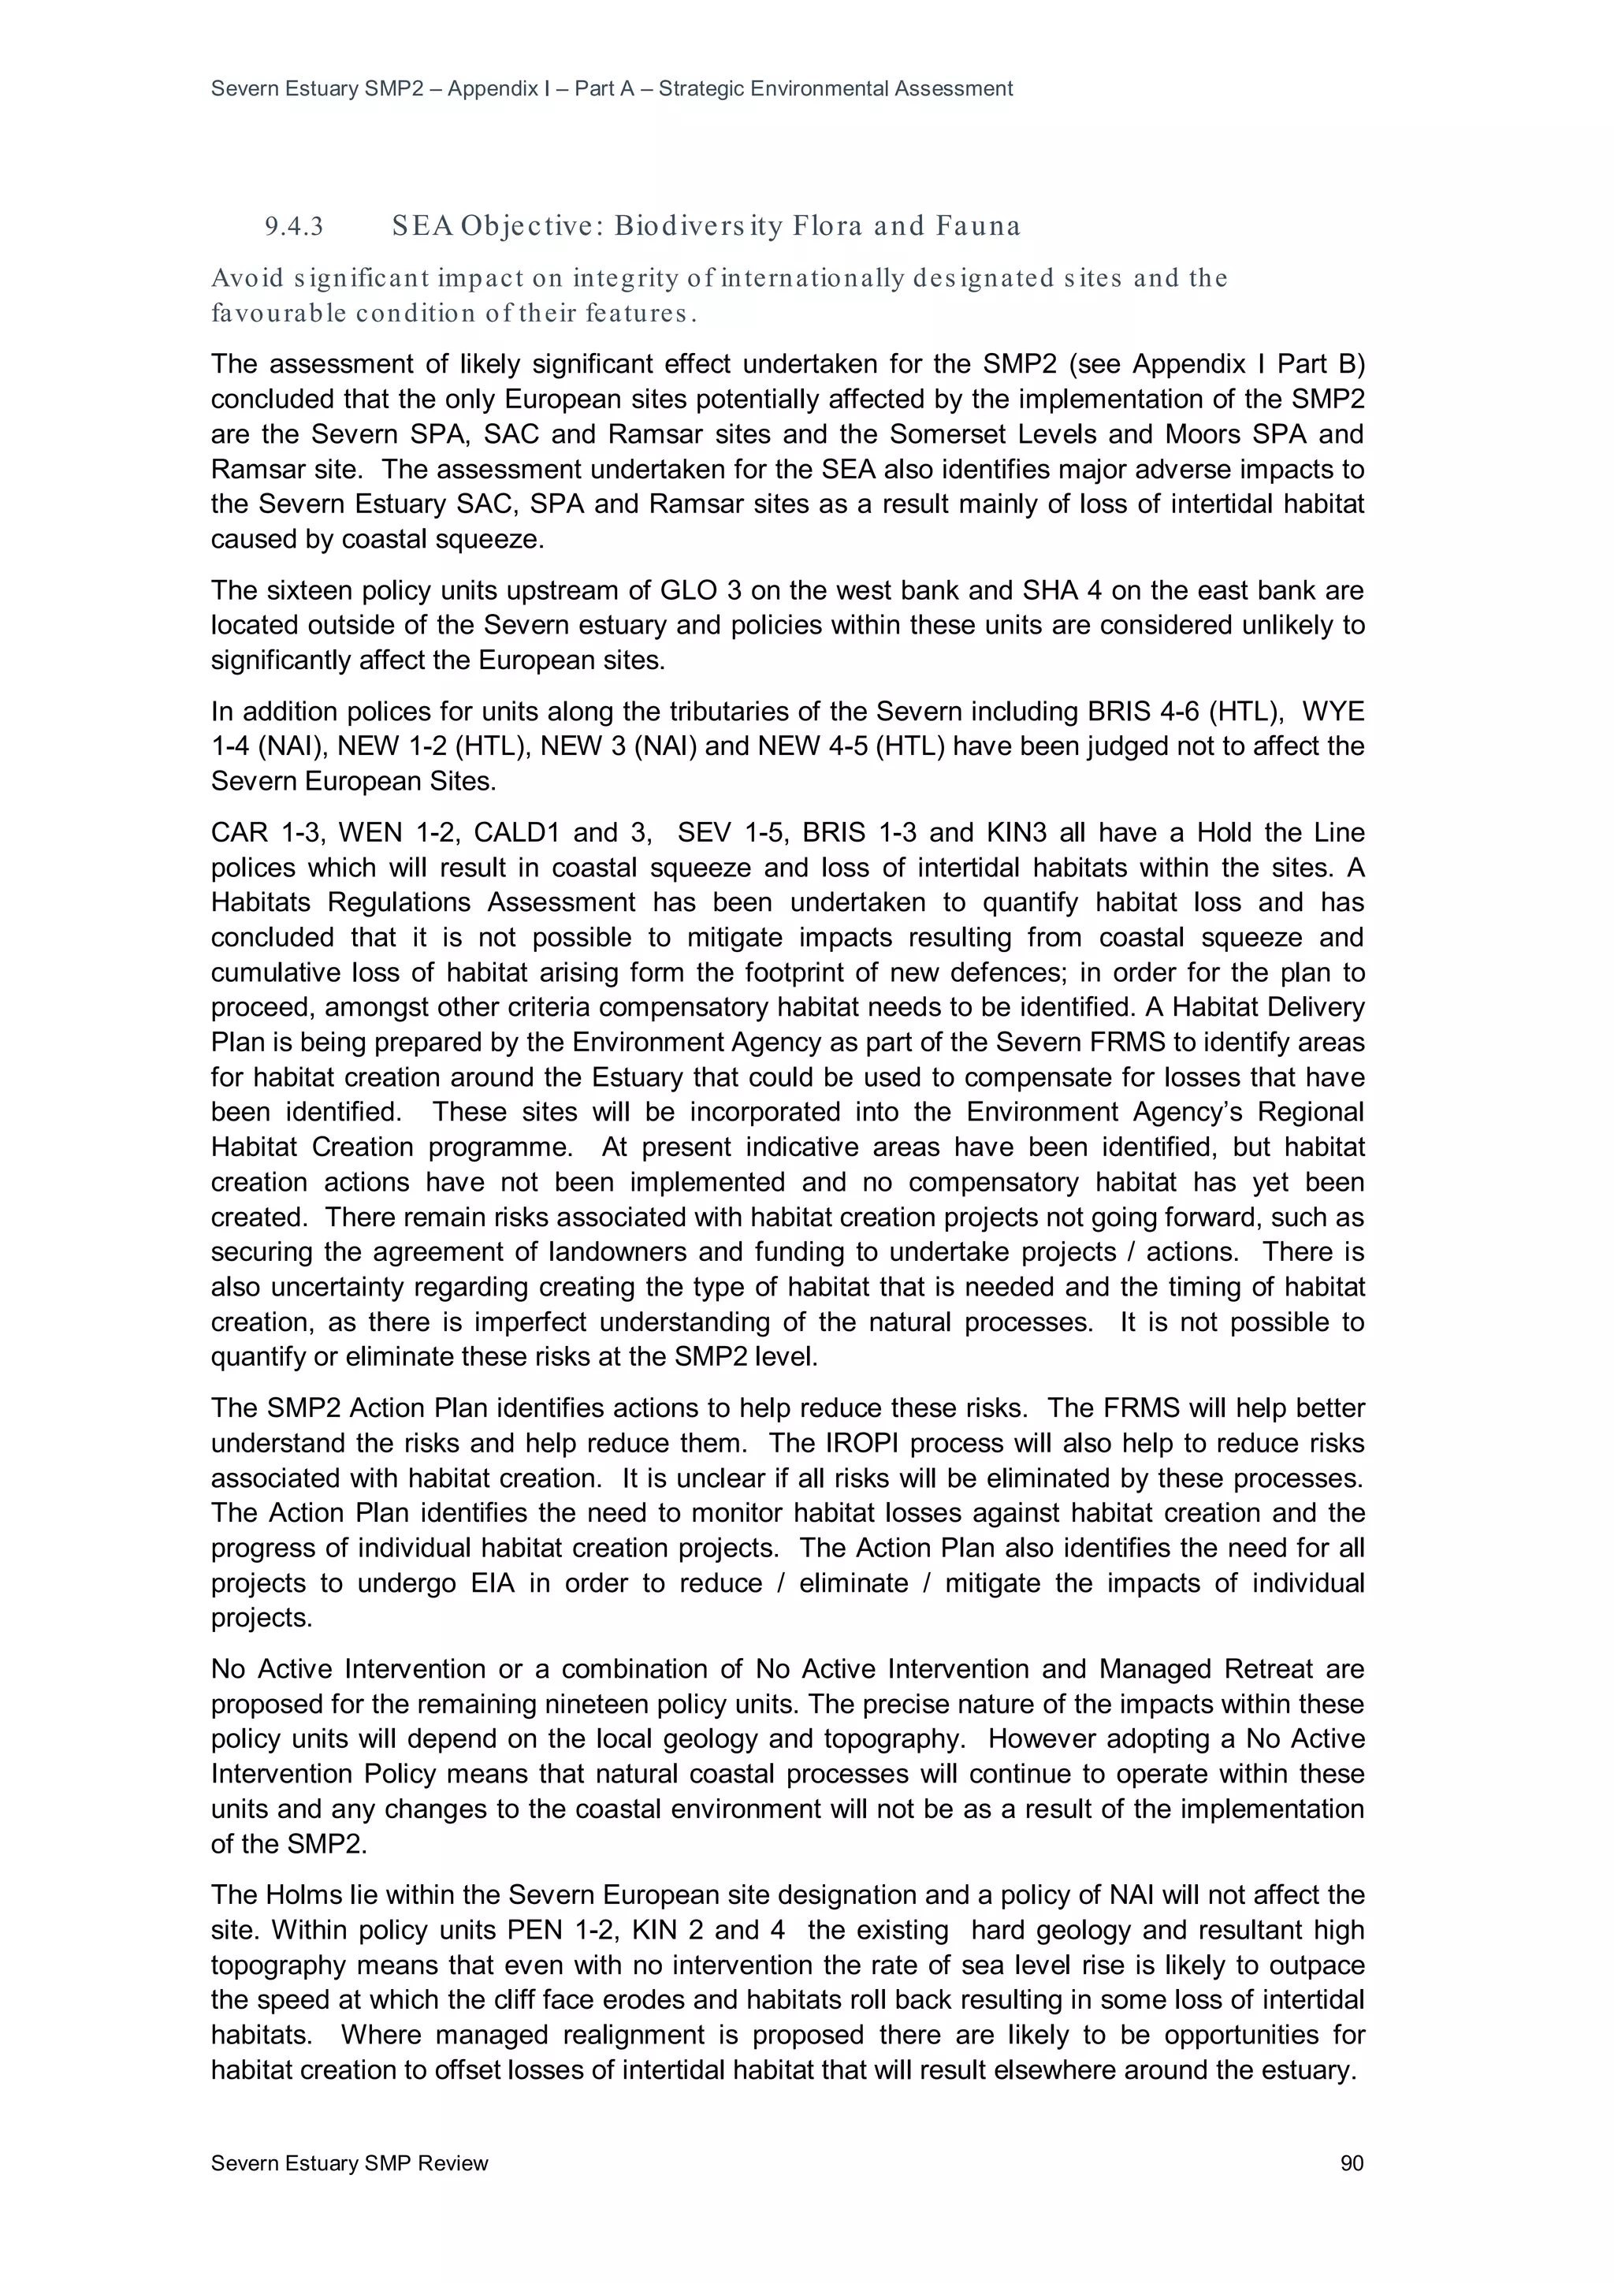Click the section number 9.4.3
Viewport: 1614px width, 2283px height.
point(295,228)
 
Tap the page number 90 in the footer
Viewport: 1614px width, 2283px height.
point(1352,2164)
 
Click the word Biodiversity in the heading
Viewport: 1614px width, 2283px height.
point(697,227)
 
